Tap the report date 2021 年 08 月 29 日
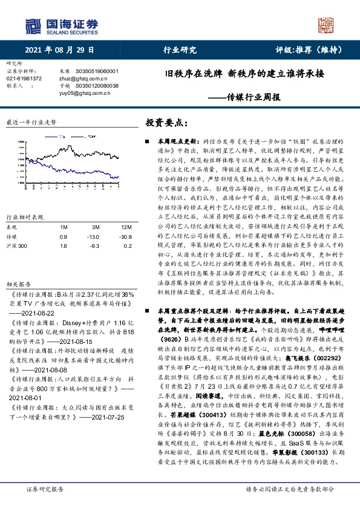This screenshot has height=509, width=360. (x=62, y=50)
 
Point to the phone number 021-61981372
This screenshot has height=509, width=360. (x=24, y=79)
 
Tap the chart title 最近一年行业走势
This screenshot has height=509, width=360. (x=30, y=122)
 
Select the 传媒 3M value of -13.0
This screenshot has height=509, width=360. (x=93, y=236)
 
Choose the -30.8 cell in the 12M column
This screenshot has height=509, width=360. (x=125, y=236)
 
